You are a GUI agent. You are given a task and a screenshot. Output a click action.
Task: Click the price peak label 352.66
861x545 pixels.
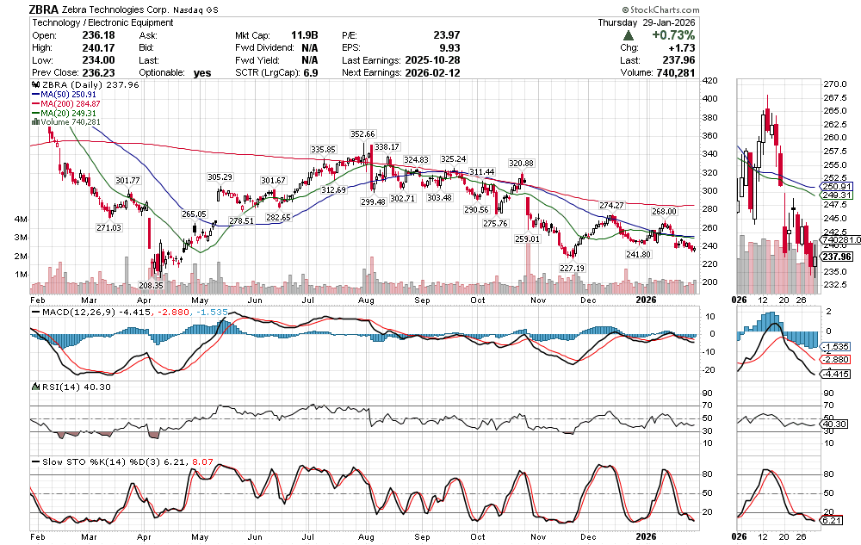(x=363, y=134)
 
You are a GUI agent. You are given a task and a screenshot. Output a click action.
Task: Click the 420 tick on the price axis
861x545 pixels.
(x=710, y=81)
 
